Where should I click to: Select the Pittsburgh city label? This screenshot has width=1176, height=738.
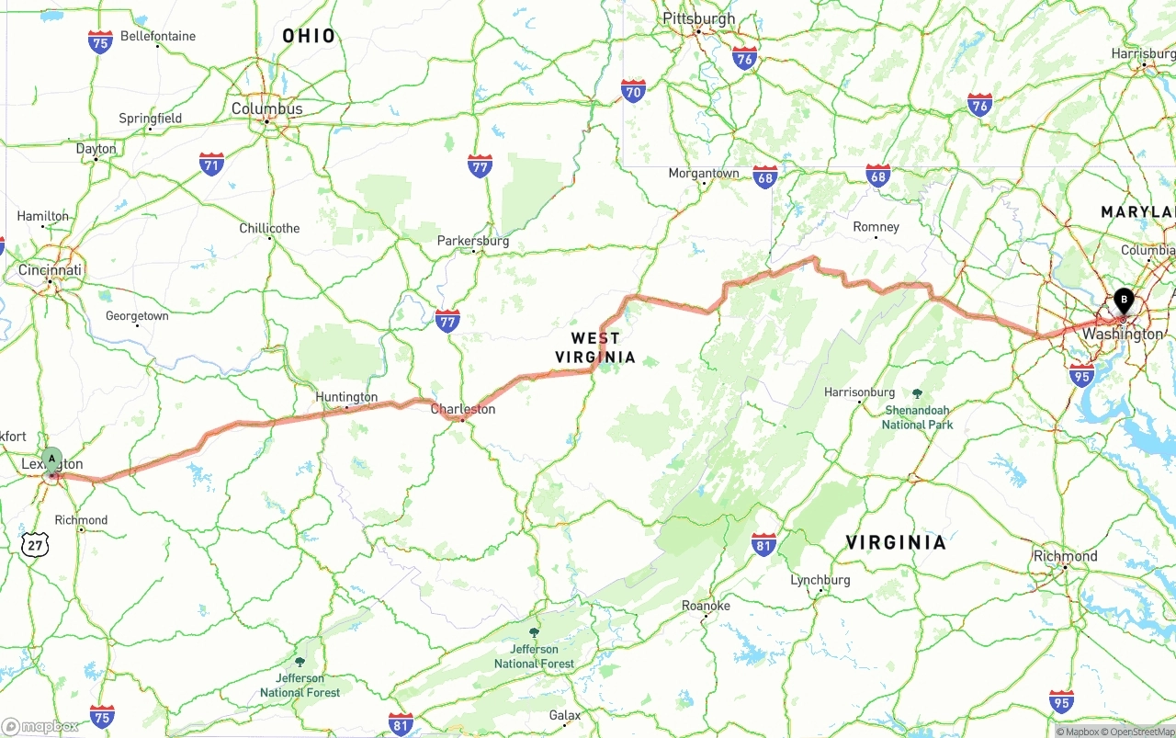point(698,18)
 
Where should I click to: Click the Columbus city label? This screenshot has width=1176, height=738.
point(266,108)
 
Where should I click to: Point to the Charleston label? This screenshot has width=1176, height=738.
point(463,409)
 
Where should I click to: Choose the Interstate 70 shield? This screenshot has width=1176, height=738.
point(633,90)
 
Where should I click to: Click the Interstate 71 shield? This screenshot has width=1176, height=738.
point(211,165)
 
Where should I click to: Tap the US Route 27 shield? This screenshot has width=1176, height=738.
point(36,544)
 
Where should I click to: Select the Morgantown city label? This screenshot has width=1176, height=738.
point(704,173)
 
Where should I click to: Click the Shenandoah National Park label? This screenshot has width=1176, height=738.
point(917,417)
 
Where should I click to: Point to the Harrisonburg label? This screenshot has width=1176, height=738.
point(859,392)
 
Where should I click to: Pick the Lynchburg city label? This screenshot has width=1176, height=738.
point(820,580)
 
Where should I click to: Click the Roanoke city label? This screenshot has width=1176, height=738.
point(706,606)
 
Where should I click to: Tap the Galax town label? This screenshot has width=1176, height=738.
point(565,715)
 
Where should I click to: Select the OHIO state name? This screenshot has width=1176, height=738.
point(309,36)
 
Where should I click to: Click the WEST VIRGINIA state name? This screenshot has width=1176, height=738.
point(595,347)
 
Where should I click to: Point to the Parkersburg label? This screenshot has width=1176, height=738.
point(473,241)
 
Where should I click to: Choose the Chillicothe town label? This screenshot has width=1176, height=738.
point(269,228)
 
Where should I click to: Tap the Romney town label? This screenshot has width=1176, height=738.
point(876,227)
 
